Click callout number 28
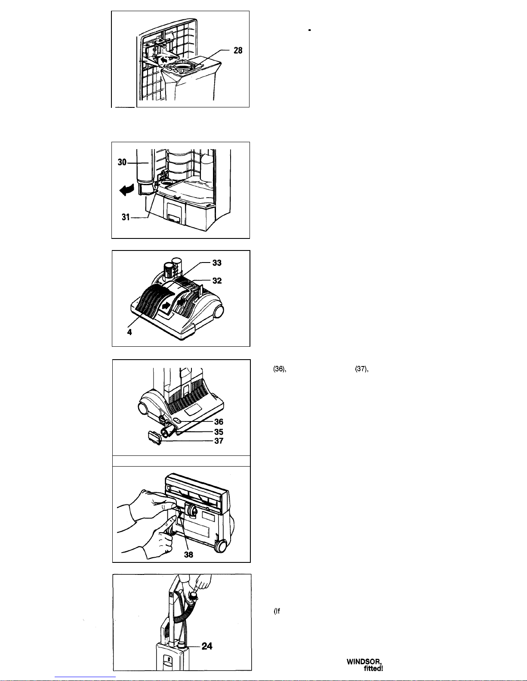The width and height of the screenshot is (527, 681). click(x=238, y=51)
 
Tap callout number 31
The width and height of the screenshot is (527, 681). click(x=126, y=217)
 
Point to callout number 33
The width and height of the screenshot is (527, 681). click(x=217, y=263)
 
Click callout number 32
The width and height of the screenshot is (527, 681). click(x=217, y=281)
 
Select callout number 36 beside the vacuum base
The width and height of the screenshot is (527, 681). click(x=219, y=422)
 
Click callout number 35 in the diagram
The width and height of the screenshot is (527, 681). click(x=219, y=432)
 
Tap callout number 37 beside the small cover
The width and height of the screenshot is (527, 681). click(x=219, y=441)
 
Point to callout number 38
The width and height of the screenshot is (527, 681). click(x=188, y=554)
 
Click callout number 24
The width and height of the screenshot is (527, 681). click(x=207, y=646)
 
